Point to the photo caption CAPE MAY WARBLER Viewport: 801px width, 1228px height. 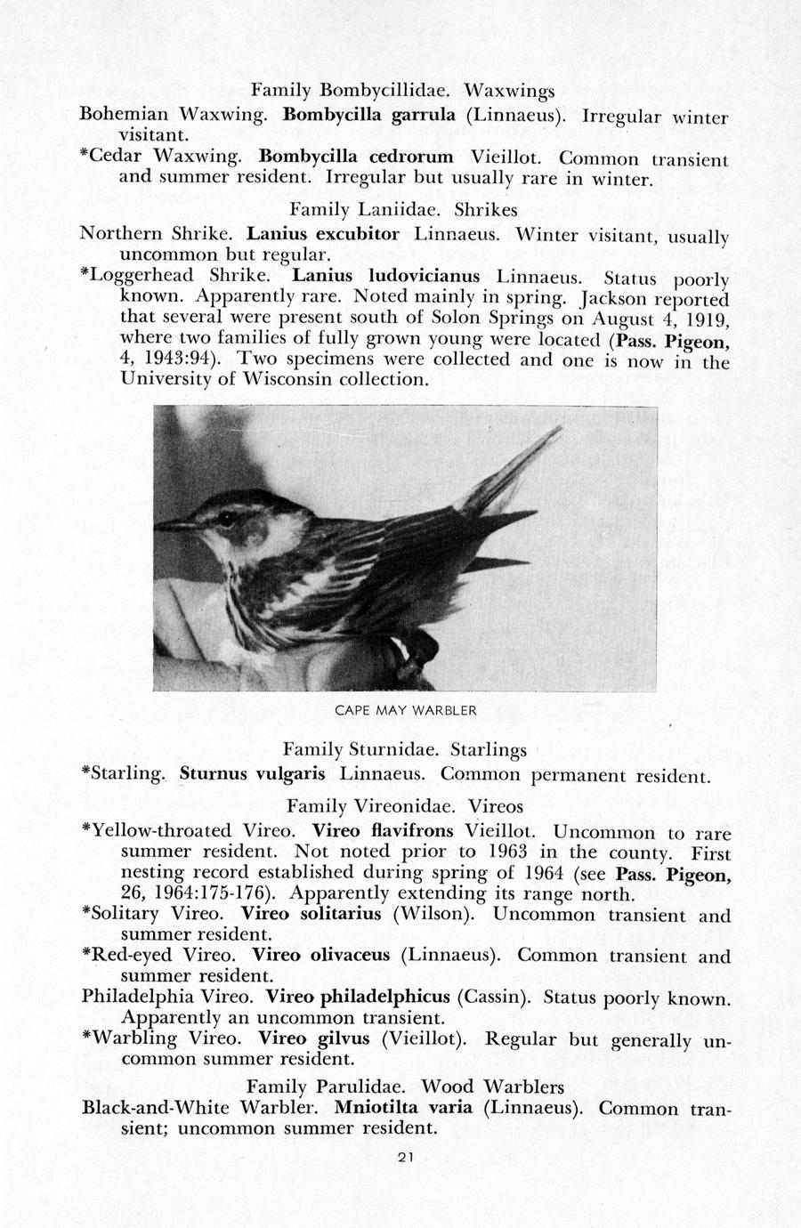point(405,710)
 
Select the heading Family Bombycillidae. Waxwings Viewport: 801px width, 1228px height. point(402,90)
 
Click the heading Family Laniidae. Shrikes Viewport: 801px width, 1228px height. point(403,211)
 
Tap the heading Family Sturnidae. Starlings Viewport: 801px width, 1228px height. point(405,749)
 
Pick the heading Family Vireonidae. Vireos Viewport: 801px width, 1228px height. point(405,805)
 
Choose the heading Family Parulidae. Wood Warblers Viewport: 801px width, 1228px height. point(405,1087)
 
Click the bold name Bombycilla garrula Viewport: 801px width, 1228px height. point(369,114)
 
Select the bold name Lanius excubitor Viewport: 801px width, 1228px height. point(322,235)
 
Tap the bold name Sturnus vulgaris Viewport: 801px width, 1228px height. point(252,772)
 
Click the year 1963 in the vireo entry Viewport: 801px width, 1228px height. point(503,852)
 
